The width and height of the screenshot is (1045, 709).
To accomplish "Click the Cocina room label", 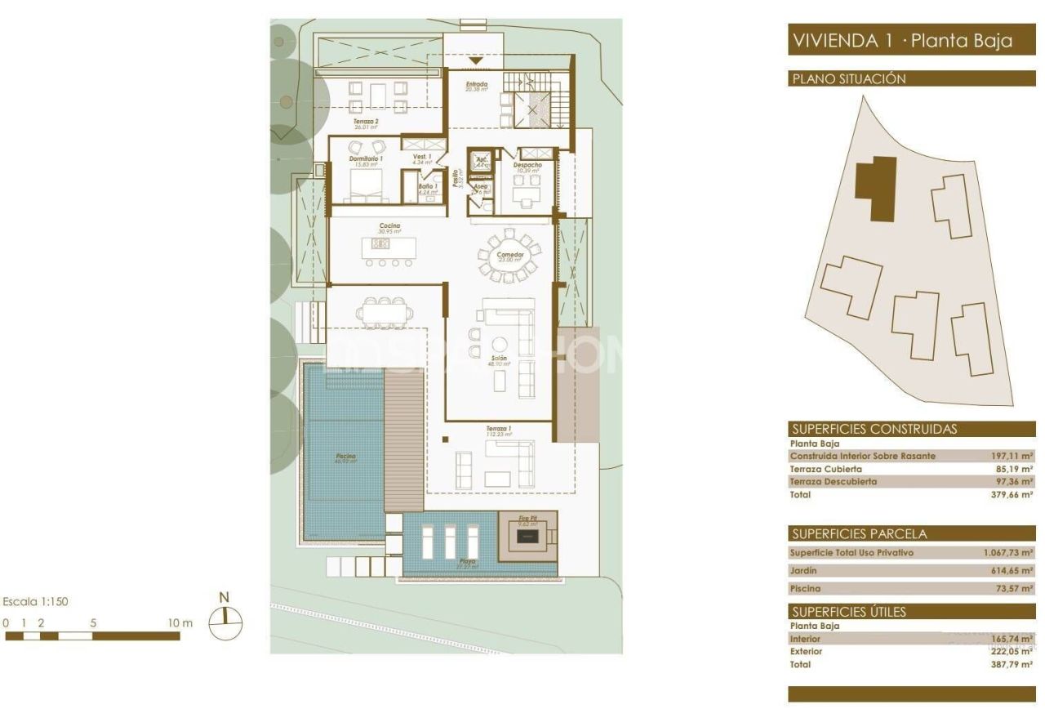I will tap(389, 226).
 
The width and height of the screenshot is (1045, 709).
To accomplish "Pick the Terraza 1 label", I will tap(499, 430).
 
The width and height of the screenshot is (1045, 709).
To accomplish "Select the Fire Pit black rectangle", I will tap(527, 538).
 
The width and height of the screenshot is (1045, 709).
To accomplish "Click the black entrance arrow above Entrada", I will tap(476, 62).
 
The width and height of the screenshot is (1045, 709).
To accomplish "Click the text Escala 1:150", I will tap(36, 602).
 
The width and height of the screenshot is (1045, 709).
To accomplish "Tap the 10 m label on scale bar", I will tap(181, 623).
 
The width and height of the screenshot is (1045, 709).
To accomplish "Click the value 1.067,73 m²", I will tap(1008, 553).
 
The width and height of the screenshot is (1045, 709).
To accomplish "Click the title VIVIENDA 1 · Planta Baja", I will tap(902, 41).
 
